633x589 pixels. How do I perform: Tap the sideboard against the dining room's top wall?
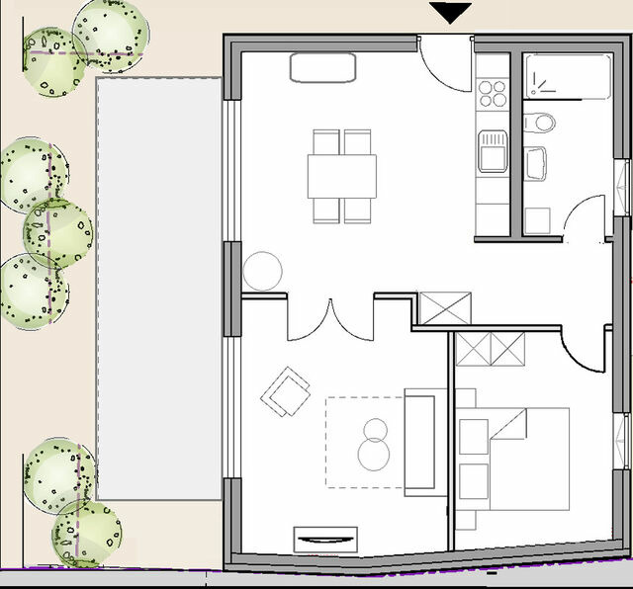coord(322,67)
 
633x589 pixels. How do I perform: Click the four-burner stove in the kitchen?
coord(492,93)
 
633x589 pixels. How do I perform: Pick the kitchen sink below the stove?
coord(492,154)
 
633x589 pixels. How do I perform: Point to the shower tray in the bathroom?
coord(568,76)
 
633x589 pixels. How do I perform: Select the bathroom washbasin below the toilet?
coord(537,163)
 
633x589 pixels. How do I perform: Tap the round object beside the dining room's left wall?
coord(264,270)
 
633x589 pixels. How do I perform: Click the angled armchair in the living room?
coord(286,392)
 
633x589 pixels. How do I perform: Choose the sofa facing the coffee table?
coord(419,442)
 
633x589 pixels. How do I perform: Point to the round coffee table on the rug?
coord(375,446)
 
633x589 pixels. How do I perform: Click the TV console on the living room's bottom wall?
coord(325,540)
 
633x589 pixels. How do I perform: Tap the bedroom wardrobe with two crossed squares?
coord(491,350)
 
